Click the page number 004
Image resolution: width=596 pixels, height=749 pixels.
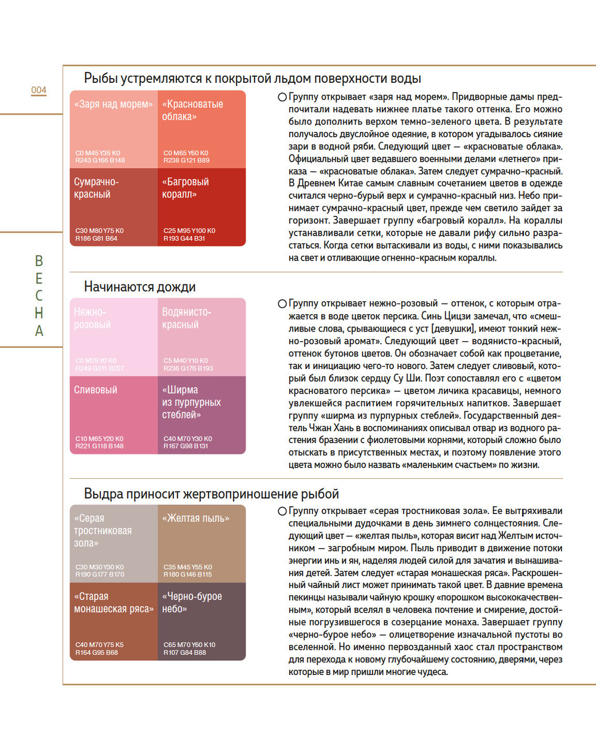pos(39,90)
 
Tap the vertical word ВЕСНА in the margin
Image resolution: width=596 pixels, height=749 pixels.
pos(39,296)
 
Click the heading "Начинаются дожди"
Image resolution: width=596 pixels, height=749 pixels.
pos(139,287)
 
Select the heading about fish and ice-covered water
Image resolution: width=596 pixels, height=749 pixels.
pos(252,79)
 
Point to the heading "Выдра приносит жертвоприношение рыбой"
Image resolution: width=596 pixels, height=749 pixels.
pos(211,494)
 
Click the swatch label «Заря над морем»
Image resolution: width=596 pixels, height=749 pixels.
pos(113,104)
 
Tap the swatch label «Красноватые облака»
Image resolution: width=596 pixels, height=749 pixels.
pos(193,110)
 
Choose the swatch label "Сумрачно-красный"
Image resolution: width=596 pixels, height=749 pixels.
pos(97,188)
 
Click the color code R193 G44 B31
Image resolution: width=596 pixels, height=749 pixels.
pos(184,239)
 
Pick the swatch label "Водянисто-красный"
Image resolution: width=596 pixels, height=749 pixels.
pos(187,318)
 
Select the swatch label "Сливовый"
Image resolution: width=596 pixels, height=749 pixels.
pos(96,390)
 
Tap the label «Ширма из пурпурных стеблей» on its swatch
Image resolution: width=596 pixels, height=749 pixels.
pos(191,403)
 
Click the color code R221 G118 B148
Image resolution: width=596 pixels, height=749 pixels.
pos(100,446)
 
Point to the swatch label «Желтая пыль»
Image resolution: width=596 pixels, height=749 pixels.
pos(195,519)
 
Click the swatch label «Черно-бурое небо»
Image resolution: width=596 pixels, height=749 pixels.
pos(192,602)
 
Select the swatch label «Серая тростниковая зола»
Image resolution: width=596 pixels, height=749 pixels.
pos(103,531)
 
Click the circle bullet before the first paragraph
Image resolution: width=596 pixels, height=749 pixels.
pos(282,97)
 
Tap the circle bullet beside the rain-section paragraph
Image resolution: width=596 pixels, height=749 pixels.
pos(282,304)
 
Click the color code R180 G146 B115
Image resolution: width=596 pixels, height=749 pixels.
pos(188,575)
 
